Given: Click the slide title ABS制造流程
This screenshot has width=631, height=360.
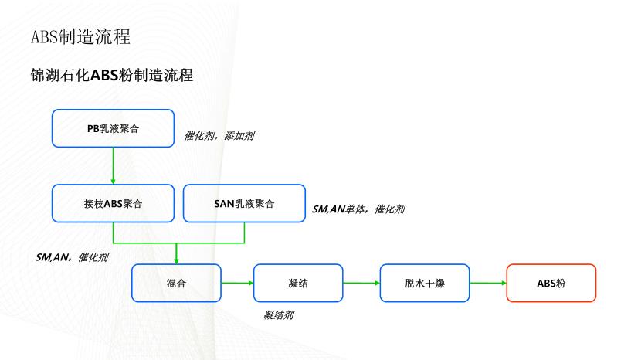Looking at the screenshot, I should [80, 36].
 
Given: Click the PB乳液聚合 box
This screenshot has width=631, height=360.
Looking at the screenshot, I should [113, 127].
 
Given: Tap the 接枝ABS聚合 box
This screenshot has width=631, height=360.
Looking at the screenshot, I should [113, 204].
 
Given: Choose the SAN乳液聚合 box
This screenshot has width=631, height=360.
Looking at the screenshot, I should [244, 204].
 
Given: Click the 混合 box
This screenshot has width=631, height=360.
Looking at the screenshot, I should [176, 283].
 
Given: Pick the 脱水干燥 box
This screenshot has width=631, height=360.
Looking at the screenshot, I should [425, 283].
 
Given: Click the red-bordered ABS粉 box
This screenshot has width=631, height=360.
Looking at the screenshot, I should [551, 283].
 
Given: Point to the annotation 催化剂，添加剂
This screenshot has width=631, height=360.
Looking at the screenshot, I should [219, 135].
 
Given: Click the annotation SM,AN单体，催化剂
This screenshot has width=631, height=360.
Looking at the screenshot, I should [358, 209].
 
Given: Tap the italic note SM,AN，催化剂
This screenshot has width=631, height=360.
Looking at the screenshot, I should [72, 256].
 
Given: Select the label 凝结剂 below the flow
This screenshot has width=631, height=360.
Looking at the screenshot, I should [278, 315].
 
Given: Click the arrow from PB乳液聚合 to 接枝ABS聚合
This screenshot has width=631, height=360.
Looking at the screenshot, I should [113, 165].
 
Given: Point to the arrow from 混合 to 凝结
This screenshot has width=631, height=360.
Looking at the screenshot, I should [237, 283].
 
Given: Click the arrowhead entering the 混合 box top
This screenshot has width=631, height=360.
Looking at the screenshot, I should [176, 260].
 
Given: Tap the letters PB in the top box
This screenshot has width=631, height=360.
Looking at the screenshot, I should [93, 127].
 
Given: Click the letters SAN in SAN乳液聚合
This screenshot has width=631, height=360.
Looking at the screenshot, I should [223, 204].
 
